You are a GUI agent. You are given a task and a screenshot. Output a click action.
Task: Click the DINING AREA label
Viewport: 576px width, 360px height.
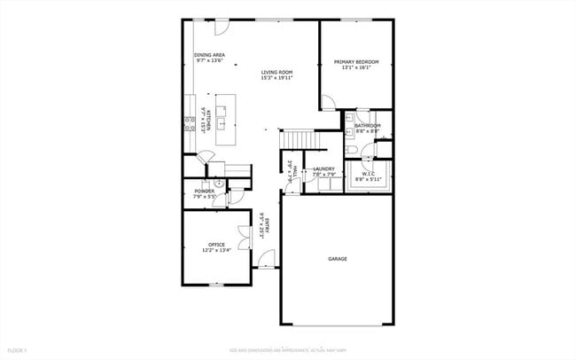coord(209,55)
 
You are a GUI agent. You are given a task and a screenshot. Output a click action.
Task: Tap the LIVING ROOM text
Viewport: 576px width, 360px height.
coord(276,72)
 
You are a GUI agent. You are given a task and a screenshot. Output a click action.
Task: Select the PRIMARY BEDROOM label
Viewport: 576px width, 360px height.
coord(355,62)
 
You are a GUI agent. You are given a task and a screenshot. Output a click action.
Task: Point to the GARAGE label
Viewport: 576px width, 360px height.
coord(337,259)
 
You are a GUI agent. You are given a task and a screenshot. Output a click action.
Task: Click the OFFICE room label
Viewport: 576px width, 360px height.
coord(216,245)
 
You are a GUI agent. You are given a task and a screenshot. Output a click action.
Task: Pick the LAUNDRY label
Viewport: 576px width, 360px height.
coord(323,168)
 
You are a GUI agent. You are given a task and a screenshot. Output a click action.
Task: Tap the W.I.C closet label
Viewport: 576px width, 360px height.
coord(366,175)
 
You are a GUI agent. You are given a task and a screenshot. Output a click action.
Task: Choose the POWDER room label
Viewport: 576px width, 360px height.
coord(204,192)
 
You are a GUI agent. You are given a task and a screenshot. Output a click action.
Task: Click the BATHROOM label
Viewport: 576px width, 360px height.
coord(367,126)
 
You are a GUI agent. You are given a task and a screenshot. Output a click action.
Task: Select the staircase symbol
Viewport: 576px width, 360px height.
coord(300,140)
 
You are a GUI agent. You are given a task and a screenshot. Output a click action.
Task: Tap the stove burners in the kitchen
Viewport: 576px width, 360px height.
coord(189,124)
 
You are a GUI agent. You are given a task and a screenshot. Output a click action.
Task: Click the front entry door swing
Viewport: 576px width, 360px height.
coord(266,258)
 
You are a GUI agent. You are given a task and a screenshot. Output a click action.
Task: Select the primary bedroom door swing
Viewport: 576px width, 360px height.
coord(327,103)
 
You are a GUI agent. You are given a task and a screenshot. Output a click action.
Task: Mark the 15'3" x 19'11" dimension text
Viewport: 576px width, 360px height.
coord(276,78)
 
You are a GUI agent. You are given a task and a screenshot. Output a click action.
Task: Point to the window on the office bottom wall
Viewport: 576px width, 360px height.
coord(215,284)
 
